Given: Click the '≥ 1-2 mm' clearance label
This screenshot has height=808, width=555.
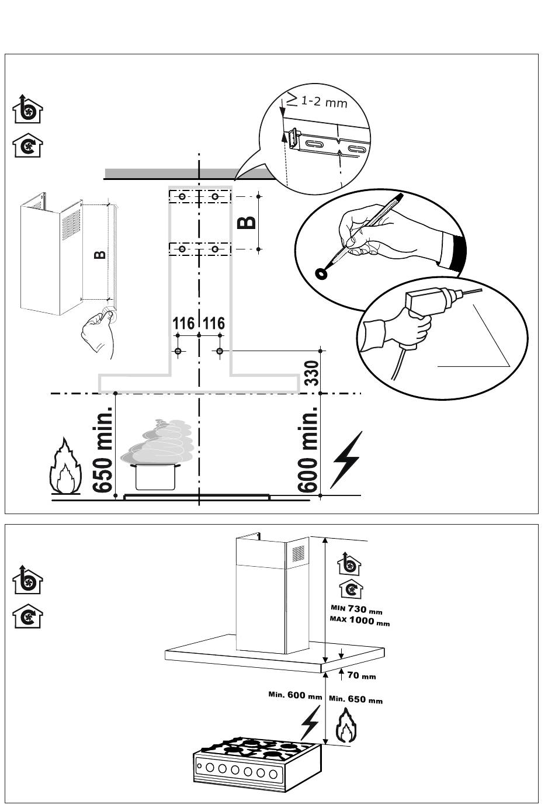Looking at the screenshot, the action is pyautogui.click(x=317, y=100).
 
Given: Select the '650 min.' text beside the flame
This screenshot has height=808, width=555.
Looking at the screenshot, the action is pyautogui.click(x=103, y=449).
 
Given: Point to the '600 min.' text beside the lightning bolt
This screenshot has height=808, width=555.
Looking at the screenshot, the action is pyautogui.click(x=308, y=449).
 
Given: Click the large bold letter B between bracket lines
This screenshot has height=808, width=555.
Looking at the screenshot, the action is pyautogui.click(x=247, y=223).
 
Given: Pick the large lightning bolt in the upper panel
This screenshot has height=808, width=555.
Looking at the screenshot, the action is pyautogui.click(x=346, y=460).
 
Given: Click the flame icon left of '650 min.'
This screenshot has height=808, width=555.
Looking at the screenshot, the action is pyautogui.click(x=65, y=466).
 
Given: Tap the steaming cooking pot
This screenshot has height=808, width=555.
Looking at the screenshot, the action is pyautogui.click(x=156, y=455).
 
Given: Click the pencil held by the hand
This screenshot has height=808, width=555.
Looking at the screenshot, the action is pyautogui.click(x=364, y=231).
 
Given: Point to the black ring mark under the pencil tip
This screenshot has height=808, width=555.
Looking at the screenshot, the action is pyautogui.click(x=321, y=274).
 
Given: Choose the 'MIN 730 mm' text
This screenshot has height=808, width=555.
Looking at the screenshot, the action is pyautogui.click(x=356, y=609).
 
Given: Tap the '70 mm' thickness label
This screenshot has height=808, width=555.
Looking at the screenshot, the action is pyautogui.click(x=362, y=675).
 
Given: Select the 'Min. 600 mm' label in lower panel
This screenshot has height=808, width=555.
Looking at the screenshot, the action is pyautogui.click(x=295, y=695).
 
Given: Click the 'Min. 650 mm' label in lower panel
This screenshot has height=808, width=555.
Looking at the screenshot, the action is pyautogui.click(x=356, y=699).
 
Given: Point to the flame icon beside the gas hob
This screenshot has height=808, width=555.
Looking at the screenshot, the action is pyautogui.click(x=346, y=725).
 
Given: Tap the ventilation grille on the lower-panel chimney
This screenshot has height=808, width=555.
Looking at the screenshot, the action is pyautogui.click(x=298, y=554).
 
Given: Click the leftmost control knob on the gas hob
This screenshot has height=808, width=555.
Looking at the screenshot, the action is pyautogui.click(x=210, y=768).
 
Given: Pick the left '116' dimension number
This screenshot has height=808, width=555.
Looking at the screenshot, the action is pyautogui.click(x=183, y=323).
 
